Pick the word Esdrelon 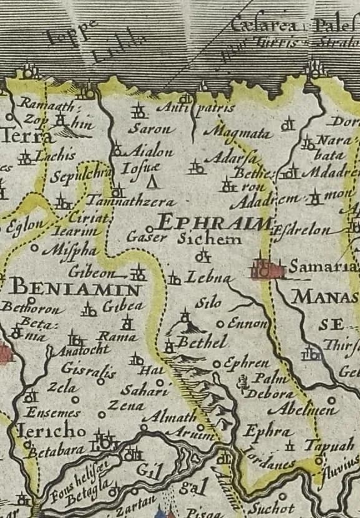coord(302,230)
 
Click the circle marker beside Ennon coord(220,324)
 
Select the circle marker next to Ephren coord(216,363)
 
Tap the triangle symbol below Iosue coord(150,182)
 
